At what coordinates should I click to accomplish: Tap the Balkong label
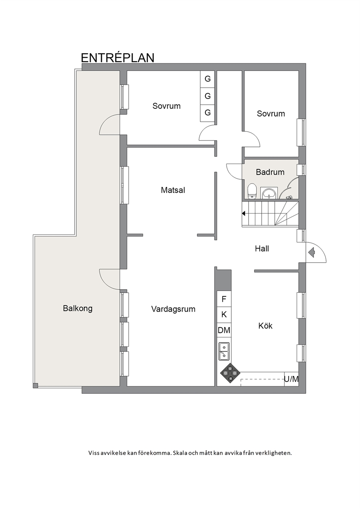78,309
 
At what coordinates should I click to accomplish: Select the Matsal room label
173,190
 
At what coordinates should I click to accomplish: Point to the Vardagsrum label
173,309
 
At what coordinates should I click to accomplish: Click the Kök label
265,326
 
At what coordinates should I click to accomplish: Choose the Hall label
262,249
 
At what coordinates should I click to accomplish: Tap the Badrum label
270,172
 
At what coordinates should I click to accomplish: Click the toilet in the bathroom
252,191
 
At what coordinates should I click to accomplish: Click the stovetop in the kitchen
230,373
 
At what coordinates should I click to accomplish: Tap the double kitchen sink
224,351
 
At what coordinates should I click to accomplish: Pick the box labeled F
224,299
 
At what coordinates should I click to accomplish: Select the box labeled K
224,315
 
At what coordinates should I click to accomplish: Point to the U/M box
291,379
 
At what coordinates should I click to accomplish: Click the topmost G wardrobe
208,79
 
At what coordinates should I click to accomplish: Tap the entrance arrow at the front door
312,253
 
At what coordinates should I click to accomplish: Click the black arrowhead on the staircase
244,213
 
